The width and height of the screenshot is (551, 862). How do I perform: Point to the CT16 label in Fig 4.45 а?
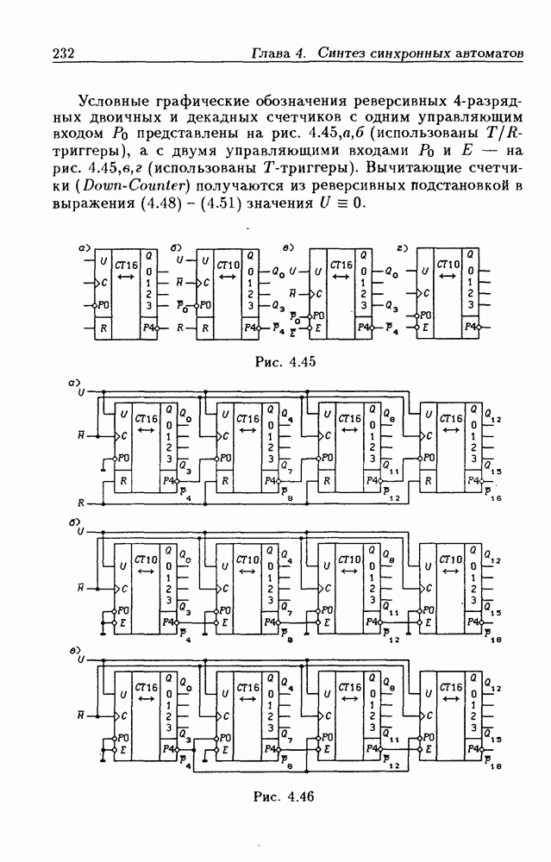point(126,264)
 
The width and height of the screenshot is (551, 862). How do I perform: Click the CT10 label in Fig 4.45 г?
point(448,264)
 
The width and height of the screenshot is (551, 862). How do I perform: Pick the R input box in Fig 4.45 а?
point(102,328)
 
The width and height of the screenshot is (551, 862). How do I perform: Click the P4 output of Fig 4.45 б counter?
point(250,328)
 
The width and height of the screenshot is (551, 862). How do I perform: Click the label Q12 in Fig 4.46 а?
point(492,418)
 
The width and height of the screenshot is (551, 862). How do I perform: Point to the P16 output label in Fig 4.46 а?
point(494,495)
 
